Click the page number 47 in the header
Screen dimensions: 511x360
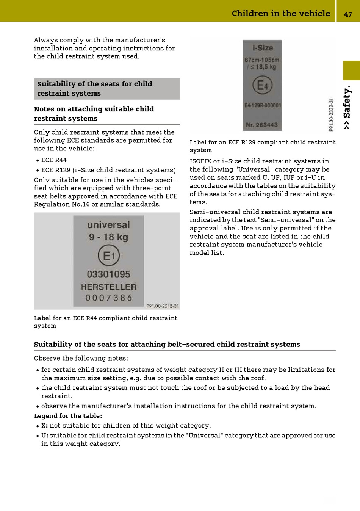tap(348, 14)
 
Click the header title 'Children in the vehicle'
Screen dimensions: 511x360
tap(281, 14)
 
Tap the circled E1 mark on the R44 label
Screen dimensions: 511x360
tap(109, 256)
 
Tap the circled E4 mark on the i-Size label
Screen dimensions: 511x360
tap(262, 85)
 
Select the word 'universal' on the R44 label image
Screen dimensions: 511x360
tap(108, 225)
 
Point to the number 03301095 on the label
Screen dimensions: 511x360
tap(108, 274)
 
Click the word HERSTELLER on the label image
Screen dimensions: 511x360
tap(108, 287)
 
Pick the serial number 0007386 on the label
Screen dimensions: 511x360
tap(108, 298)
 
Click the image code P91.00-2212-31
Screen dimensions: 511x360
tap(163, 306)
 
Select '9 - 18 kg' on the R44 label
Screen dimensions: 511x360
tap(108, 237)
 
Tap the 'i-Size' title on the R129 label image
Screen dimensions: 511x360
tap(263, 48)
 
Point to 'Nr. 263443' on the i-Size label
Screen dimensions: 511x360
tap(262, 125)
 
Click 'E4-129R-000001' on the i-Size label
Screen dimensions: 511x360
tap(263, 105)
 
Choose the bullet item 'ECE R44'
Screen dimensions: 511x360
tap(54, 160)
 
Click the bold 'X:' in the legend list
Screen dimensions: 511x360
tap(45, 426)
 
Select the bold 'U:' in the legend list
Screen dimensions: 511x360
tap(45, 436)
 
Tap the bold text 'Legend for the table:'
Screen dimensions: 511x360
tap(68, 416)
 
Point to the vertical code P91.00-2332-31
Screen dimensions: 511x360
tap(331, 115)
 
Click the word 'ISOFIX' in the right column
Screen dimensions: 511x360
tap(201, 161)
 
